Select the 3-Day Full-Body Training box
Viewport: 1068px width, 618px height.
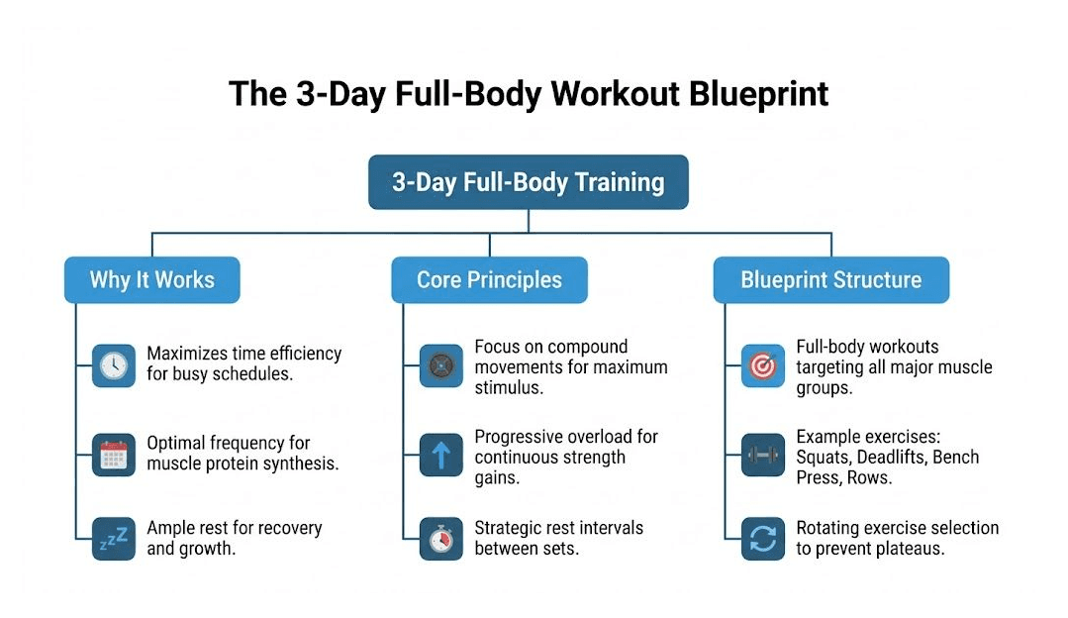pos(528,182)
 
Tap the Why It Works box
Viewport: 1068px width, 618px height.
pos(151,279)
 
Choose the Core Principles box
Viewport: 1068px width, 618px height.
pos(489,280)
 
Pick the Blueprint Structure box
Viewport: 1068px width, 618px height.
pos(830,280)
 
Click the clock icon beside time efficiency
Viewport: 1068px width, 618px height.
pos(113,365)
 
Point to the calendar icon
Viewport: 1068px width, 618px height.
pos(113,455)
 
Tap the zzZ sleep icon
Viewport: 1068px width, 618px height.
pos(113,538)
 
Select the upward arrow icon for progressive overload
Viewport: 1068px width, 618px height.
pos(440,455)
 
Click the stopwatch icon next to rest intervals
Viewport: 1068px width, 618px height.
pos(440,538)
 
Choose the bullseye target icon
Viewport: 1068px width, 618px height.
pos(762,366)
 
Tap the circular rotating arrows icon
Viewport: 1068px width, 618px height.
pos(762,538)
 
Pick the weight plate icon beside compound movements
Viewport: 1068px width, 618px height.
pos(440,366)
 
